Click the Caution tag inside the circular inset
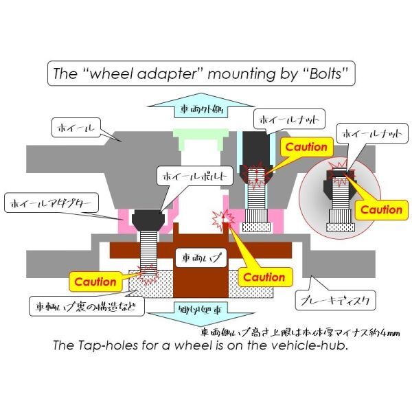point(381,209)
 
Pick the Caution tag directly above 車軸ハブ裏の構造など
point(95,281)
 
